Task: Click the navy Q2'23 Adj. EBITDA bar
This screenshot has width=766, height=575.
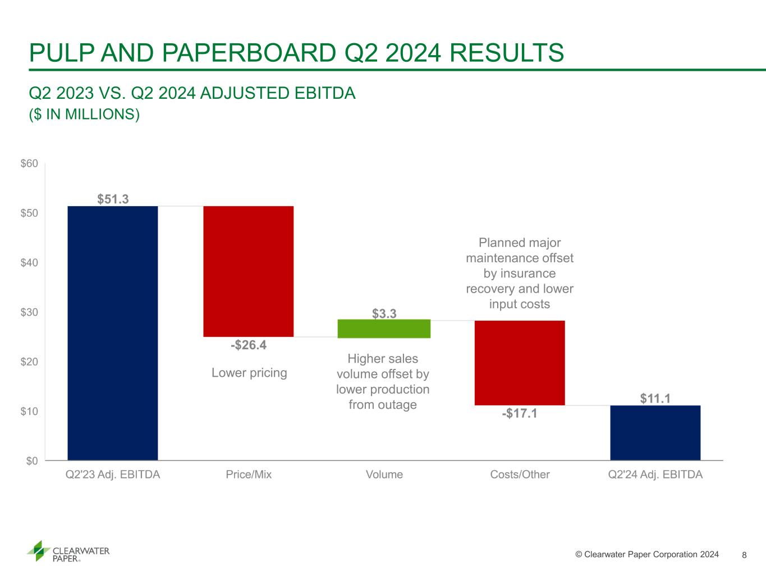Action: pos(112,333)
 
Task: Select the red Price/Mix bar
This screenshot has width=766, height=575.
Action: pos(248,271)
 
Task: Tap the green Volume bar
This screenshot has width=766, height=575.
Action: pos(384,328)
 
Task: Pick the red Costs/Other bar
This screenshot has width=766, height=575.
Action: pos(520,363)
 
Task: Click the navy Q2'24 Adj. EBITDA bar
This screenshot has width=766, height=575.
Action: pos(655,432)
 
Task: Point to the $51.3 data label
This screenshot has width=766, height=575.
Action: pos(113,199)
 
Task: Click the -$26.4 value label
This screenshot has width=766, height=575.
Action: pos(249,345)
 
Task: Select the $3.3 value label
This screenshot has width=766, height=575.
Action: pos(384,313)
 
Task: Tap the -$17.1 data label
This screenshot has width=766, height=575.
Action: pos(520,414)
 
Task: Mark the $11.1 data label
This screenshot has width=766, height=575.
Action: pos(655,399)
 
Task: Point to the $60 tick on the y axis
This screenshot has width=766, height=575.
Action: pos(29,164)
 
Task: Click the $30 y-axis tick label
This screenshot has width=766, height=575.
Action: pos(29,312)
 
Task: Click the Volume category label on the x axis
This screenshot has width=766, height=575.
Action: pos(384,474)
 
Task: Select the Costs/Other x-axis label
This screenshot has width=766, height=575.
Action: pos(520,474)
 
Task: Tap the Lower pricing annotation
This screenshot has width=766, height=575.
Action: pos(249,373)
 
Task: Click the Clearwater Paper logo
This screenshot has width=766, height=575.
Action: pos(68,551)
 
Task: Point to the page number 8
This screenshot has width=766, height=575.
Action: pos(744,555)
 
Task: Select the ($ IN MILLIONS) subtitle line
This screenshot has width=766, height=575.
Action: pos(84,114)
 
